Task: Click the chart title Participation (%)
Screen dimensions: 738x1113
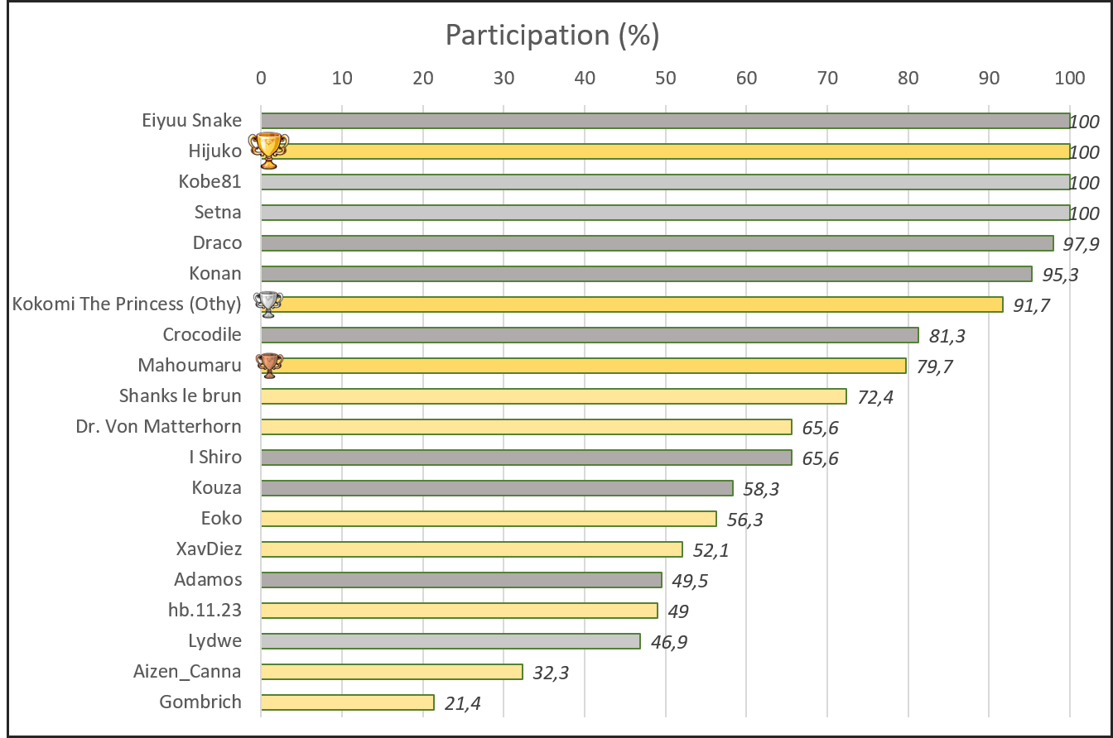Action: point(552,35)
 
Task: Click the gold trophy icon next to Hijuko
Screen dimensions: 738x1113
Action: point(268,151)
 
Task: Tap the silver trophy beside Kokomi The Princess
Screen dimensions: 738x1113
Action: point(269,304)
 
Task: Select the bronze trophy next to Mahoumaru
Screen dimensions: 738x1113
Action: point(269,365)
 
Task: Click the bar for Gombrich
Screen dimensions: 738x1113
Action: point(347,702)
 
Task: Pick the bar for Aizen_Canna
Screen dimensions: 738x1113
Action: point(392,671)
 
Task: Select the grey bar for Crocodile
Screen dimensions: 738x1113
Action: point(590,334)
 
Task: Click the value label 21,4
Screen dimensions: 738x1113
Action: point(460,703)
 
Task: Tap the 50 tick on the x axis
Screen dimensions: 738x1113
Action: point(665,78)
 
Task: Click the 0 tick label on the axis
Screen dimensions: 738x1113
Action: point(261,78)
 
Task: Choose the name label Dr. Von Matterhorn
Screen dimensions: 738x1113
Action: point(158,426)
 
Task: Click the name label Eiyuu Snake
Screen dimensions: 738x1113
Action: point(191,120)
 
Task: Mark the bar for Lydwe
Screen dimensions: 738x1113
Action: point(450,640)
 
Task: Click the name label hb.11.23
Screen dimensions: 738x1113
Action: point(205,610)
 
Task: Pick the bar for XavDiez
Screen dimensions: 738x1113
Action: point(471,549)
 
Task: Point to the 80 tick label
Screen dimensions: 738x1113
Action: point(908,78)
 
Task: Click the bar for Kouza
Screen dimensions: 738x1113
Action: point(497,487)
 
